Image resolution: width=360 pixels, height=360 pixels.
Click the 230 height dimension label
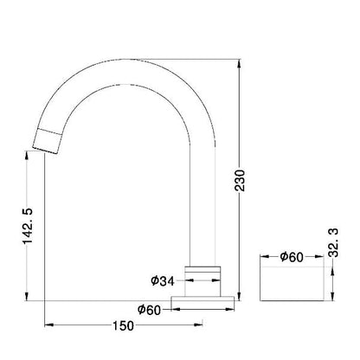(x=240, y=181)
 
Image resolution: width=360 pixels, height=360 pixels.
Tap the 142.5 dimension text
(x=28, y=226)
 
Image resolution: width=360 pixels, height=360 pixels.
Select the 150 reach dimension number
(x=123, y=325)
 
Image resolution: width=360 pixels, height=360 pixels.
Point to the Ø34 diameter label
(x=163, y=280)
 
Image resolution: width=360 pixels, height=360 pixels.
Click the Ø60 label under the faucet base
(x=149, y=310)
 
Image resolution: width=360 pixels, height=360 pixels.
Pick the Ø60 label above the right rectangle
(x=292, y=257)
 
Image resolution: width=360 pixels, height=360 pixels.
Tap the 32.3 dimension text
(x=334, y=242)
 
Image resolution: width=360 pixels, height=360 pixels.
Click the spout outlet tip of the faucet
(x=45, y=151)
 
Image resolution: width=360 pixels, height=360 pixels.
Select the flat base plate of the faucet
(x=202, y=299)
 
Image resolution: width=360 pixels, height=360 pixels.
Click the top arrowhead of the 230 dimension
(x=239, y=63)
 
